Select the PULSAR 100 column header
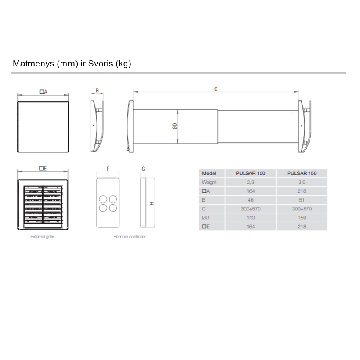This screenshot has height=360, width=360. (x=250, y=173)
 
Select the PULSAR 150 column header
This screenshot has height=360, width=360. (x=302, y=173)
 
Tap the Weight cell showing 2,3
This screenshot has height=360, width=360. (x=250, y=182)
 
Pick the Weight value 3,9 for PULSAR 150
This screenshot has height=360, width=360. (x=302, y=182)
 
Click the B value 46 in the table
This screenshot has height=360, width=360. (x=250, y=200)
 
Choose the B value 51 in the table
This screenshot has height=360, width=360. (x=302, y=200)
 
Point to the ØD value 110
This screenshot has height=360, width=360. (x=250, y=218)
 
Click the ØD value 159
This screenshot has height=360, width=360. (x=302, y=218)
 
